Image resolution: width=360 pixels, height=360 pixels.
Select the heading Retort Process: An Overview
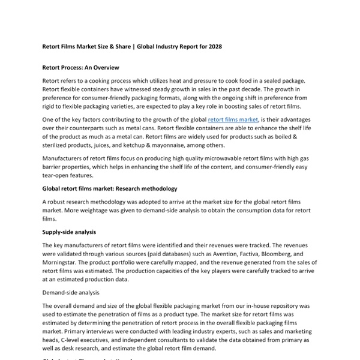tap(81, 68)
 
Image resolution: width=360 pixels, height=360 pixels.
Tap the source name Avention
tap(211, 253)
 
